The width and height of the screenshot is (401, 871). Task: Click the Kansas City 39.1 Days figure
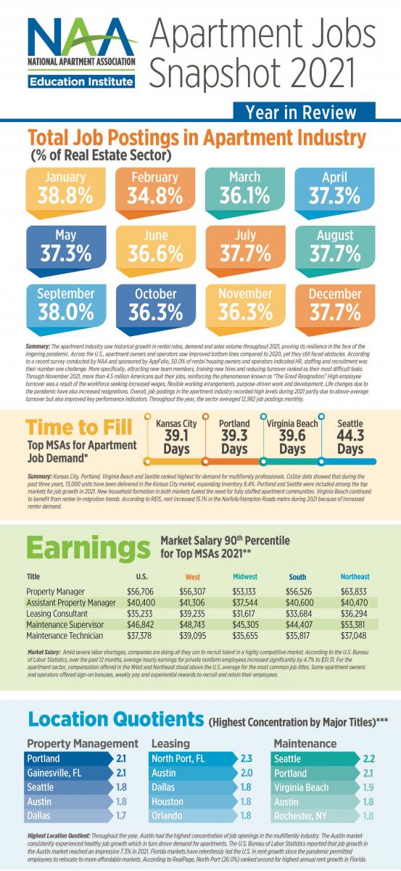175,435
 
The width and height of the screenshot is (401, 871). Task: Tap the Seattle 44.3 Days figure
350,435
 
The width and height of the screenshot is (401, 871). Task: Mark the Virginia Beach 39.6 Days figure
292,435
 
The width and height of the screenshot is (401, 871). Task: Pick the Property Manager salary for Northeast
355,592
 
